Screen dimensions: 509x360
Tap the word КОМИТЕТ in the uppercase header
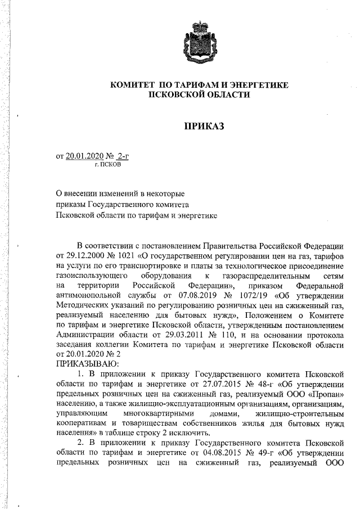coord(133,84)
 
